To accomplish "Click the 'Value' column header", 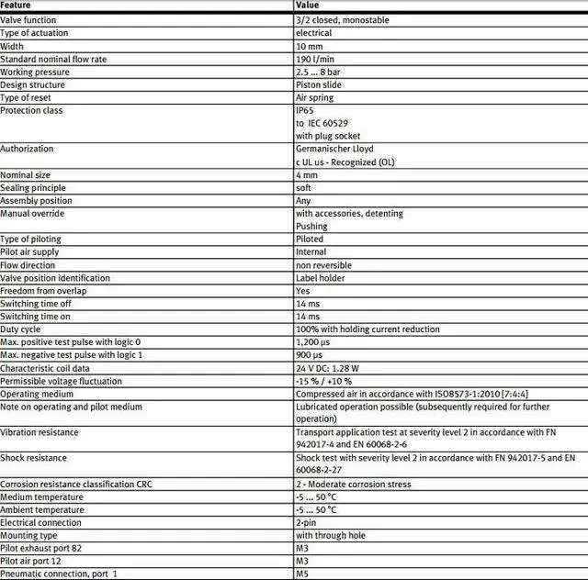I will (x=308, y=6).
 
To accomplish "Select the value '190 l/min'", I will (x=314, y=59).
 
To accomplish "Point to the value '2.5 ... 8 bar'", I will (x=322, y=72).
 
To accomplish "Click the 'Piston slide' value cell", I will (x=320, y=84).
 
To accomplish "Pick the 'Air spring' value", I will (x=315, y=97).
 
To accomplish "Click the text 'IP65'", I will (x=305, y=110).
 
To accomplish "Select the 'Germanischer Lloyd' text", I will (x=334, y=149).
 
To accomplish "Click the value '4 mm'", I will (x=306, y=174).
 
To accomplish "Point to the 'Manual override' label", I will (x=32, y=213).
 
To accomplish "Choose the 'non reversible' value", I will (x=323, y=265).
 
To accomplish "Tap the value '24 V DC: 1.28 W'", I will (x=329, y=368).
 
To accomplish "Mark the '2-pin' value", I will (x=308, y=522).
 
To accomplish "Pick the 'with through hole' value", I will (x=331, y=535).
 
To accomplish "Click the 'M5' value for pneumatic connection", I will (x=302, y=574).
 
